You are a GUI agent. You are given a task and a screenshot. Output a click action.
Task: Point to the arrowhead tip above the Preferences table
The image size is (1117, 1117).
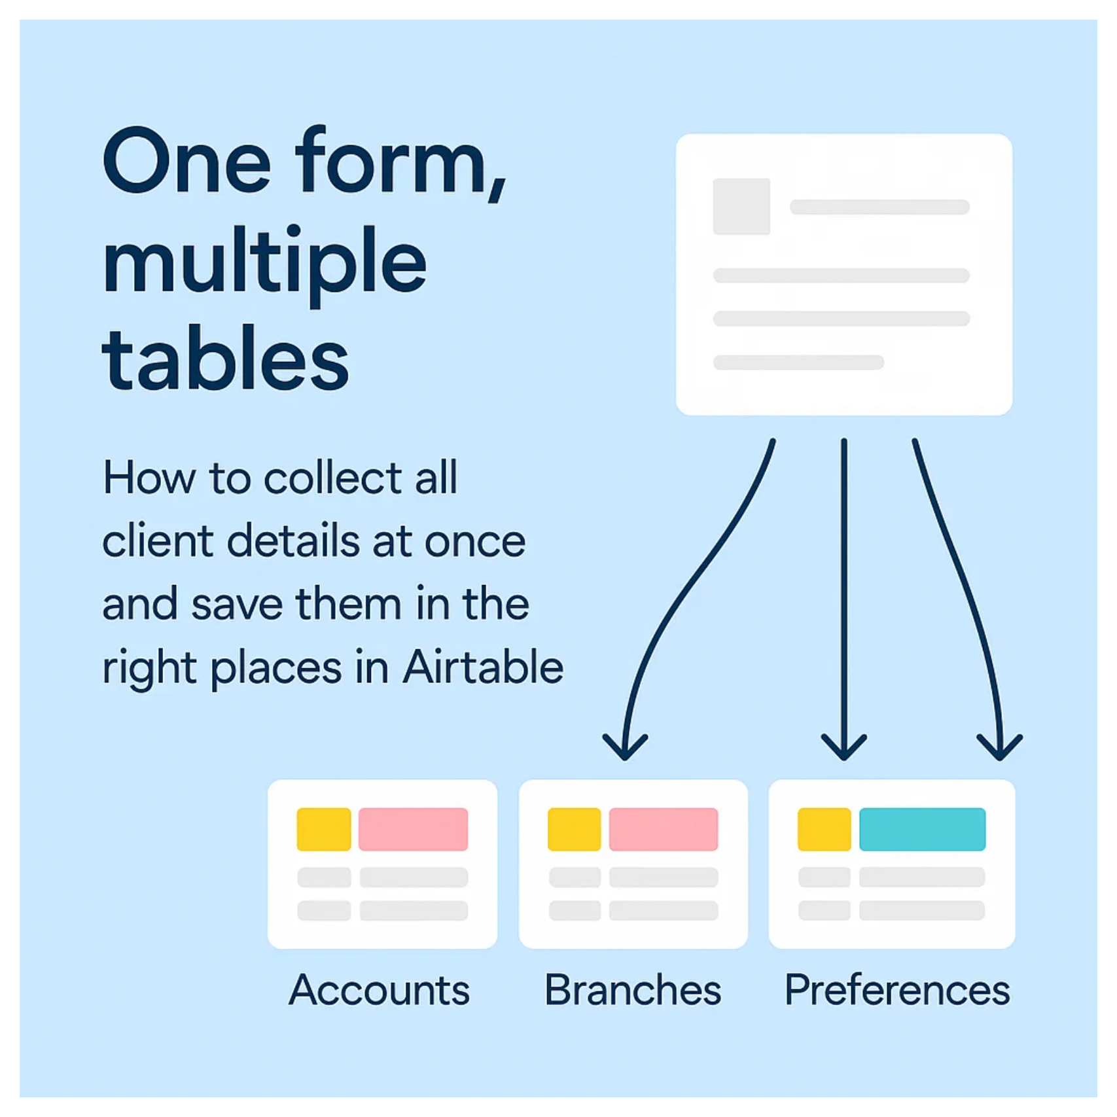pyautogui.click(x=1000, y=760)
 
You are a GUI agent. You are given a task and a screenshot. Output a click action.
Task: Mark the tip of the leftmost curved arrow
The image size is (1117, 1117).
pyautogui.click(x=625, y=760)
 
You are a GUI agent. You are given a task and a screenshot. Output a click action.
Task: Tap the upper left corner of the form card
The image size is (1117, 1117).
pyautogui.click(x=677, y=135)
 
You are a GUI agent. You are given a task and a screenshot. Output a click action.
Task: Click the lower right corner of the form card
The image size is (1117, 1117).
pyautogui.click(x=1012, y=414)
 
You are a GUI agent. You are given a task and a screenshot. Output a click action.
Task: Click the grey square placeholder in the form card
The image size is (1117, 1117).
pyautogui.click(x=741, y=206)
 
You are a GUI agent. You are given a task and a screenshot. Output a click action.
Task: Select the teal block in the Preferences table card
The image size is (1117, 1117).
pyautogui.click(x=922, y=829)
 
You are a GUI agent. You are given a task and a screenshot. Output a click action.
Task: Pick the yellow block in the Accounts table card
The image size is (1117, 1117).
pyautogui.click(x=324, y=829)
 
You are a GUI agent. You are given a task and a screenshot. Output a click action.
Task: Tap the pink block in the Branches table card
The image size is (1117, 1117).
pyautogui.click(x=664, y=829)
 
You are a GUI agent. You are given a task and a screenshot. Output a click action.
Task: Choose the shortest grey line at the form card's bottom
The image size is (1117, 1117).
pyautogui.click(x=798, y=362)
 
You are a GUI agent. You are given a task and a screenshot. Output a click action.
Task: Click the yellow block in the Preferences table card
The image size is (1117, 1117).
pyautogui.click(x=824, y=829)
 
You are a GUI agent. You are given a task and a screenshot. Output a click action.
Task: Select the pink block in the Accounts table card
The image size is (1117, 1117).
pyautogui.click(x=413, y=829)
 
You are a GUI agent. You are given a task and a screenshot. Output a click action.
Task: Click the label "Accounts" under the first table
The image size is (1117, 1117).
pyautogui.click(x=380, y=989)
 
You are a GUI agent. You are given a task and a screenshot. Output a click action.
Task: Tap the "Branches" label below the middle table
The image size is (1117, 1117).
pyautogui.click(x=633, y=989)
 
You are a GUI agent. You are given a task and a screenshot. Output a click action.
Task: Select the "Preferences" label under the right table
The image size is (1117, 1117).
pyautogui.click(x=897, y=989)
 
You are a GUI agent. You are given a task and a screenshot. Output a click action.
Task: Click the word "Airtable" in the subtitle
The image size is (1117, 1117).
pyautogui.click(x=483, y=667)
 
